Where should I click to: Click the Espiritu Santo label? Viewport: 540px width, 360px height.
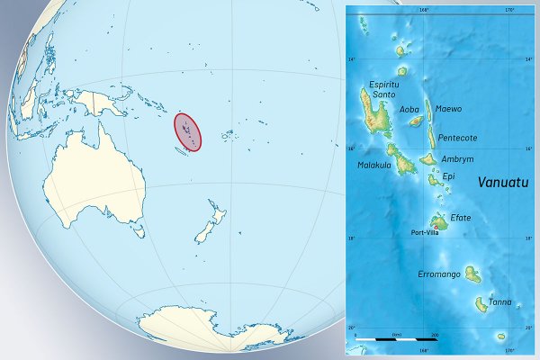coord(377,88)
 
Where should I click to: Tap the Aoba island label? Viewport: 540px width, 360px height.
coord(409,110)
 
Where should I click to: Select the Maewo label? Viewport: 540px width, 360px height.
coord(448,109)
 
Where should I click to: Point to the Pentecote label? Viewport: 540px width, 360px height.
coord(458,138)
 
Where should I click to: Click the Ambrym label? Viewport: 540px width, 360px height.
coord(457,158)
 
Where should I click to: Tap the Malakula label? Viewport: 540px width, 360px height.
coord(373,165)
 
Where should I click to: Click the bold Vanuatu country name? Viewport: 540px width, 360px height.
coord(502,181)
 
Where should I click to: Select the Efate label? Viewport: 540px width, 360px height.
coord(460,217)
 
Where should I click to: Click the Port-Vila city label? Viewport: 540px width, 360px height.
coord(425,232)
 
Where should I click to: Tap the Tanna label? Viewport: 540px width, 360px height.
coord(500,302)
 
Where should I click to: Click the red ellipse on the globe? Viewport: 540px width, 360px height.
coord(187,131)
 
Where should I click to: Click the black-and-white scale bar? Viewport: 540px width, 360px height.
coord(395,340)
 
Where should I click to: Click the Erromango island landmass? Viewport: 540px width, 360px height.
coord(472,274)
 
